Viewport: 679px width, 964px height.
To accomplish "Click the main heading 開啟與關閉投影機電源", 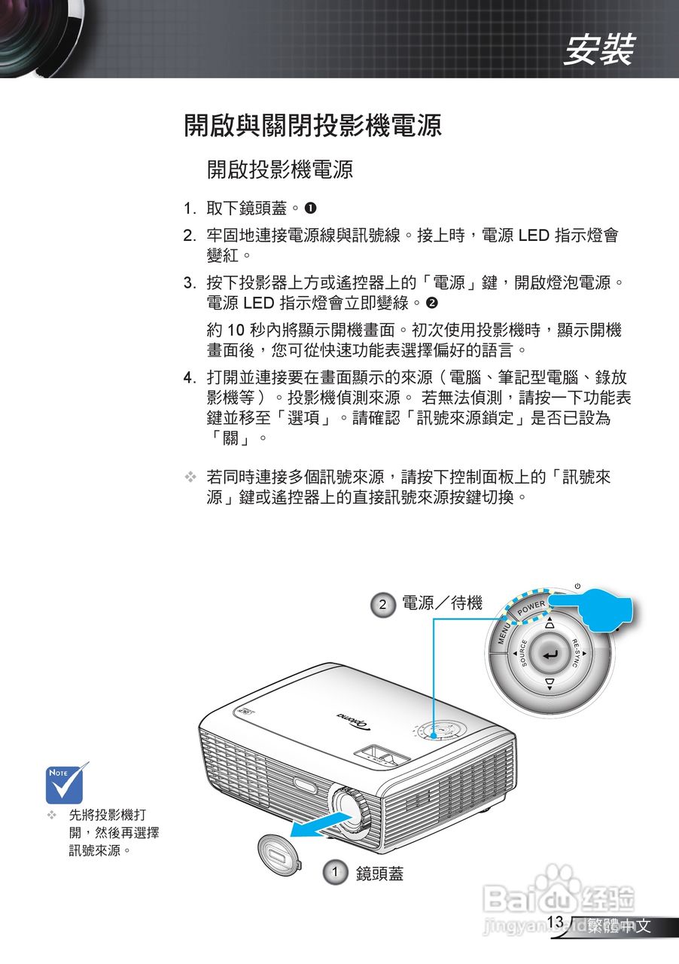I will pyautogui.click(x=312, y=125).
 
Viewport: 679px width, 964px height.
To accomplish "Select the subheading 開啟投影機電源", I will pyautogui.click(x=280, y=169).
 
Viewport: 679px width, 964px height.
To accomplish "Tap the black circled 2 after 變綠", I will pyautogui.click(x=431, y=304).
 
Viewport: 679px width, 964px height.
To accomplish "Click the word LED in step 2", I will pyautogui.click(x=534, y=236).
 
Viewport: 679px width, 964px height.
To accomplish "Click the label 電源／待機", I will pyautogui.click(x=442, y=603).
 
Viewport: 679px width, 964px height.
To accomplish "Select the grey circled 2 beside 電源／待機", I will pyautogui.click(x=384, y=604).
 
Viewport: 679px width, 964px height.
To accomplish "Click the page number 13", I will pyautogui.click(x=556, y=922).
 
